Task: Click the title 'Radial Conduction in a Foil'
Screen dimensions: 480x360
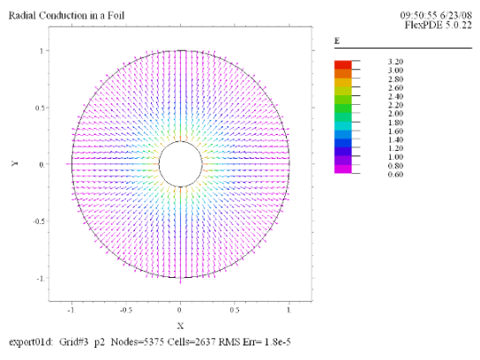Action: pyautogui.click(x=66, y=15)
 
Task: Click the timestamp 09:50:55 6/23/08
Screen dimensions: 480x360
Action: pyautogui.click(x=436, y=15)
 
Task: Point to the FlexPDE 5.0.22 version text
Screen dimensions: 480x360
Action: pyautogui.click(x=439, y=25)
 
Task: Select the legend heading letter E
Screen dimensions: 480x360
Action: pyautogui.click(x=337, y=41)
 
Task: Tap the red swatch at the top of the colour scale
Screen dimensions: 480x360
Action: pyautogui.click(x=343, y=65)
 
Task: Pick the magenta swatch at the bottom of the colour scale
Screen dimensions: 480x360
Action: pyautogui.click(x=343, y=169)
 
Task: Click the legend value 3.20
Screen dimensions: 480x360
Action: pyautogui.click(x=395, y=62)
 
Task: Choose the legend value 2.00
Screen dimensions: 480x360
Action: pyautogui.click(x=395, y=114)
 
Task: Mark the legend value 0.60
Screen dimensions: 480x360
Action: pyautogui.click(x=395, y=175)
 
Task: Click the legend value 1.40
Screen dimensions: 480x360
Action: pyautogui.click(x=395, y=140)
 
